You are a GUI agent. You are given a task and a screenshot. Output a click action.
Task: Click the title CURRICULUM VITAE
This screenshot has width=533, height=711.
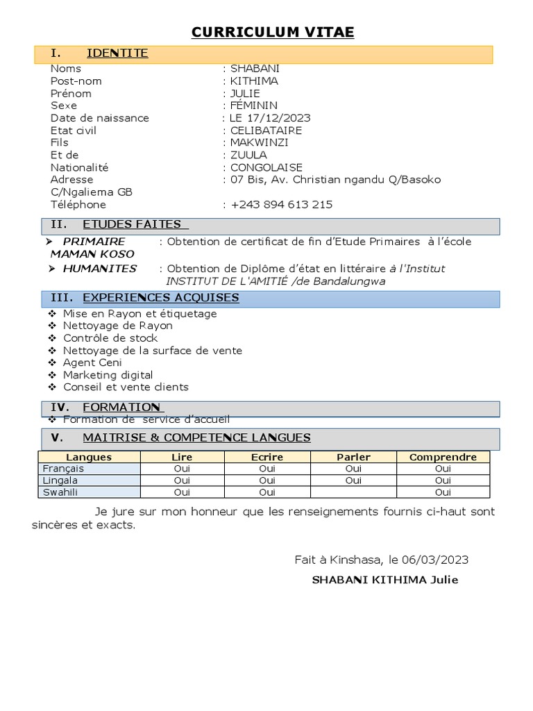(x=273, y=32)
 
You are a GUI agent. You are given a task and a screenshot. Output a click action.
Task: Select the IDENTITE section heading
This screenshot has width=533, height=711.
(x=117, y=53)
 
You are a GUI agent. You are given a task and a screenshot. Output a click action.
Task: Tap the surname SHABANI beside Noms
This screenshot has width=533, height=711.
(x=255, y=68)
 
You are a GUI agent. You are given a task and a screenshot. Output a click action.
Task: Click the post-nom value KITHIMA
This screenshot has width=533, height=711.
(x=254, y=81)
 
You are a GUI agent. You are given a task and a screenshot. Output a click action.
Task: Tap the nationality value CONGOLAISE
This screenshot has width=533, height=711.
(x=267, y=167)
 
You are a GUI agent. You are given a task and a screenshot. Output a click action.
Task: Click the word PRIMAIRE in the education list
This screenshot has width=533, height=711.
(x=94, y=241)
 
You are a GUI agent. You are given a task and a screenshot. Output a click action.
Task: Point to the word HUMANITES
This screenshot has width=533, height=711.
(x=99, y=269)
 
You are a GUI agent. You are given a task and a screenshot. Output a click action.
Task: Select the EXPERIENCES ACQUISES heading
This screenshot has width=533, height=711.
(x=161, y=298)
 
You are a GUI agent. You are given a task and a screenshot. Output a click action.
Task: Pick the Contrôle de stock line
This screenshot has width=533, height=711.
(x=110, y=338)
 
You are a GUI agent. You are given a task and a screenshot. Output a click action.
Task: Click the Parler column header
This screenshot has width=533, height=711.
(x=353, y=457)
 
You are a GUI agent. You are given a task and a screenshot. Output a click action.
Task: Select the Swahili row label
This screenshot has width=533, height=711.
(x=59, y=492)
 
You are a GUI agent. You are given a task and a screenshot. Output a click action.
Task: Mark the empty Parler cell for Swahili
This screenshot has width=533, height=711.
(x=353, y=492)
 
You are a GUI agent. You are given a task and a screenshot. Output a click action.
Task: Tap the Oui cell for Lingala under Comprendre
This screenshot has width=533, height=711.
(x=443, y=480)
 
